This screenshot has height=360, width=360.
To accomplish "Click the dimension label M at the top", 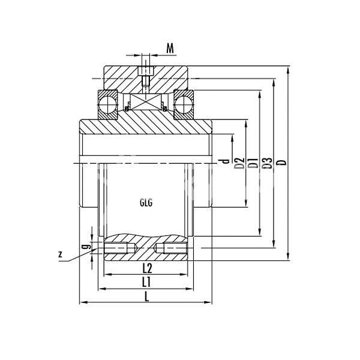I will coord(170,47).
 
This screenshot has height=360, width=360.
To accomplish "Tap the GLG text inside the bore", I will coord(146,202).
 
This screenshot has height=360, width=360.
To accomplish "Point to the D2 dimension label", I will coord(239,162).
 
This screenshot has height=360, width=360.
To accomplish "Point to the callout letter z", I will coord(61,254).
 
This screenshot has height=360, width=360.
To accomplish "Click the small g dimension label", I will coord(86,246).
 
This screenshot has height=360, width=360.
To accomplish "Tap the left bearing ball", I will coord(109,103).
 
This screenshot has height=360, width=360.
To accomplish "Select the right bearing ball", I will coord(184,103).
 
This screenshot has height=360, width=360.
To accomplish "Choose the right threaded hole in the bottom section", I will coord(170,247).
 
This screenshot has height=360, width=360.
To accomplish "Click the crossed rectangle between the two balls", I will coord(146,102).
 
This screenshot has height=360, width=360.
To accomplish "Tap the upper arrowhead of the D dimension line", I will coord(290,68).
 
